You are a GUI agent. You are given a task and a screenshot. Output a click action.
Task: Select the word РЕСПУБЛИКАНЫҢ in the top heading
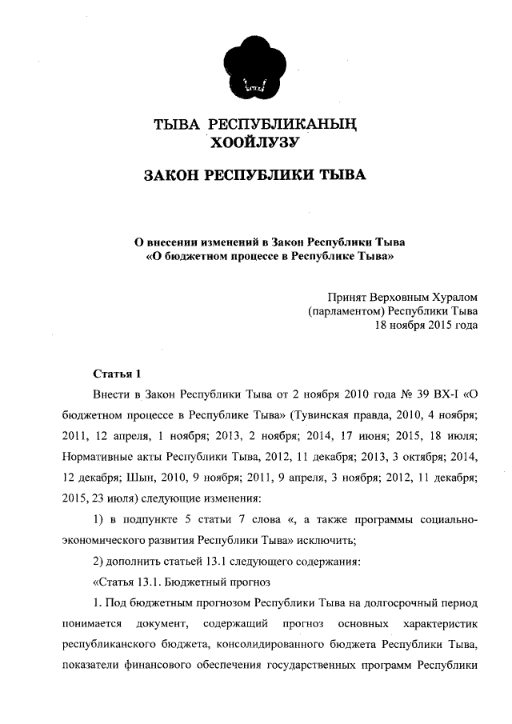point(281,125)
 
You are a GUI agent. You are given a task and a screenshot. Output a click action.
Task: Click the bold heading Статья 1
point(118,373)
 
